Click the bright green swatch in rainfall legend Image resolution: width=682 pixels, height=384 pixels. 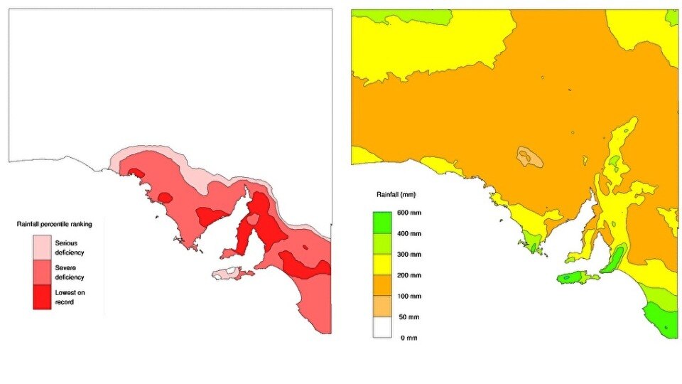(384, 223)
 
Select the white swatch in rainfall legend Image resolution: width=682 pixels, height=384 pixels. (384, 327)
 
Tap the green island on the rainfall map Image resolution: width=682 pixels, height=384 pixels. (574, 278)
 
